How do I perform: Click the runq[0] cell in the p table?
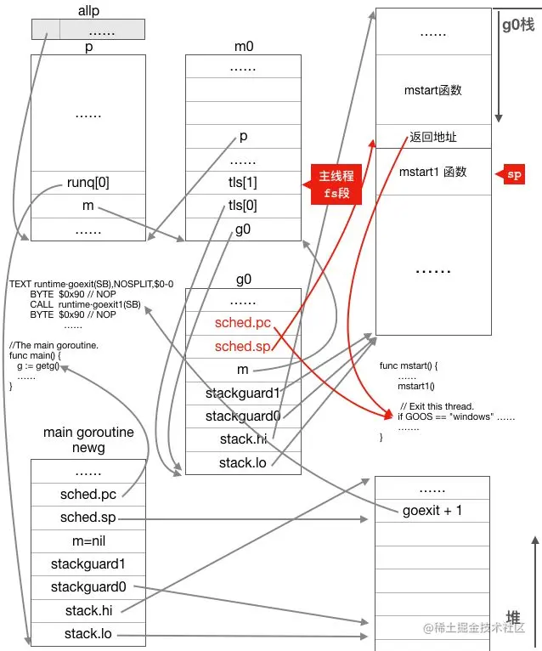[x=88, y=182]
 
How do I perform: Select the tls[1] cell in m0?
[x=242, y=183]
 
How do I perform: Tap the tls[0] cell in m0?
[x=242, y=206]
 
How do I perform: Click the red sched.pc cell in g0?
[x=242, y=323]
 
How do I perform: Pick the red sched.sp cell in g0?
[x=242, y=346]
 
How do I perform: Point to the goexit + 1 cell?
[x=432, y=511]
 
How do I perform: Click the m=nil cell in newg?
[x=88, y=541]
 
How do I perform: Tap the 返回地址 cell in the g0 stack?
[x=433, y=136]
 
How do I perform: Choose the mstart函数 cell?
[x=433, y=89]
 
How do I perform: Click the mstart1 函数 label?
[x=433, y=173]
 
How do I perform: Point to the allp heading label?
[x=88, y=11]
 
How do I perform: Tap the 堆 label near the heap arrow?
[x=514, y=616]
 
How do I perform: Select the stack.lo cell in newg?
[x=88, y=634]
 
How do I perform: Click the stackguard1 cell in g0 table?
[x=242, y=393]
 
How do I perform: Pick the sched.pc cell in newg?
[x=88, y=495]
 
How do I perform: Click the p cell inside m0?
[x=242, y=136]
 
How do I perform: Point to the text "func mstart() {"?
[x=409, y=365]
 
